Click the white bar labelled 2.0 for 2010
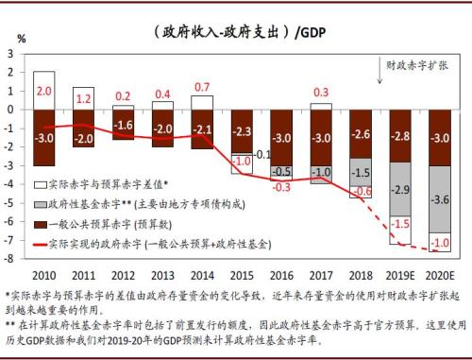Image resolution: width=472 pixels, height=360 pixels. tap(43, 90)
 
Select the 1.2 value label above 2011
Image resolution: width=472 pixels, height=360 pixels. tap(83, 97)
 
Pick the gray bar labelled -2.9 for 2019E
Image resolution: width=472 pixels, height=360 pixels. tap(401, 190)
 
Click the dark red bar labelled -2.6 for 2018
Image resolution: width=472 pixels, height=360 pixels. tap(362, 133)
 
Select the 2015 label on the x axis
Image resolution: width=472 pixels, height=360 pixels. tap(242, 274)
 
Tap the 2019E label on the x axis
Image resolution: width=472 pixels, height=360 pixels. tap(401, 274)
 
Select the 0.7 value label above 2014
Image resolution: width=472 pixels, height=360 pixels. tap(202, 88)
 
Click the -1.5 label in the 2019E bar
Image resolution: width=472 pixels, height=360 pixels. tap(401, 224)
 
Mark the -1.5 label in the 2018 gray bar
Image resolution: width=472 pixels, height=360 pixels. tap(362, 174)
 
